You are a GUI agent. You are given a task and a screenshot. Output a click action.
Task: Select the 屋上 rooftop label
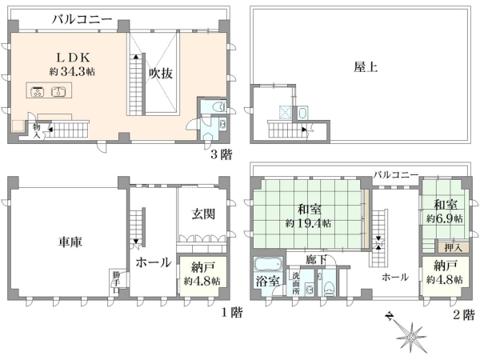(366, 68)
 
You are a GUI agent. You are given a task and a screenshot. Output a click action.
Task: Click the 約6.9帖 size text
(441, 218)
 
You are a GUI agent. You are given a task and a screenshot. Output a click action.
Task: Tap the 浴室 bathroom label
(266, 281)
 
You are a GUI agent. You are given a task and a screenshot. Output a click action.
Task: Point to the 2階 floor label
(462, 314)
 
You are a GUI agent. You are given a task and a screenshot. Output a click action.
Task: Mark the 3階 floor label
(221, 154)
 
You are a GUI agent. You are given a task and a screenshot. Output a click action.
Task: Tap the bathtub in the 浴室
(265, 265)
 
